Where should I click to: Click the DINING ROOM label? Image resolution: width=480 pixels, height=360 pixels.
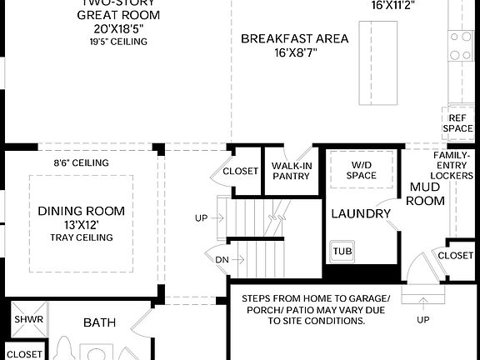tap(81, 210)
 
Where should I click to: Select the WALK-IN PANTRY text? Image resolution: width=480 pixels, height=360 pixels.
tap(292, 171)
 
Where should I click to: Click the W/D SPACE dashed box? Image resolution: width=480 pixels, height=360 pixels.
tap(361, 170)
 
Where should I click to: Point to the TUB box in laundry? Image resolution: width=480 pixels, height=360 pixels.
tap(342, 251)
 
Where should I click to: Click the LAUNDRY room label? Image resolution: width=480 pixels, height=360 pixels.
tap(361, 214)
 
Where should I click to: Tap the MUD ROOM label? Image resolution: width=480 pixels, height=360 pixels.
tap(426, 193)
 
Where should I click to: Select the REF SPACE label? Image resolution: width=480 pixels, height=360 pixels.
tap(457, 123)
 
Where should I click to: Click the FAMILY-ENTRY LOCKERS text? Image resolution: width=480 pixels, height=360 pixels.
tap(457, 167)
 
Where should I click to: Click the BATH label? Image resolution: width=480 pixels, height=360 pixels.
tap(99, 322)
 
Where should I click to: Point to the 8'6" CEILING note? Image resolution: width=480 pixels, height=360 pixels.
tap(81, 163)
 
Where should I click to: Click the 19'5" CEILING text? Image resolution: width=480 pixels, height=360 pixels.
tap(119, 42)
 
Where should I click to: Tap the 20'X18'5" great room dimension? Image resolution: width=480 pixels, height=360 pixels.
tap(119, 28)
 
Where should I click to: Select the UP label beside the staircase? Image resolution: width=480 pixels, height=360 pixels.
tap(201, 218)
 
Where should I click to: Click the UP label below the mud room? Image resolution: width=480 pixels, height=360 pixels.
tap(423, 320)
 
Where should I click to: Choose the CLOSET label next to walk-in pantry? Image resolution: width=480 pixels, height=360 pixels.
tap(240, 172)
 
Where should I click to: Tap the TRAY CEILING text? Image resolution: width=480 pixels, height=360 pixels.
tap(81, 238)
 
